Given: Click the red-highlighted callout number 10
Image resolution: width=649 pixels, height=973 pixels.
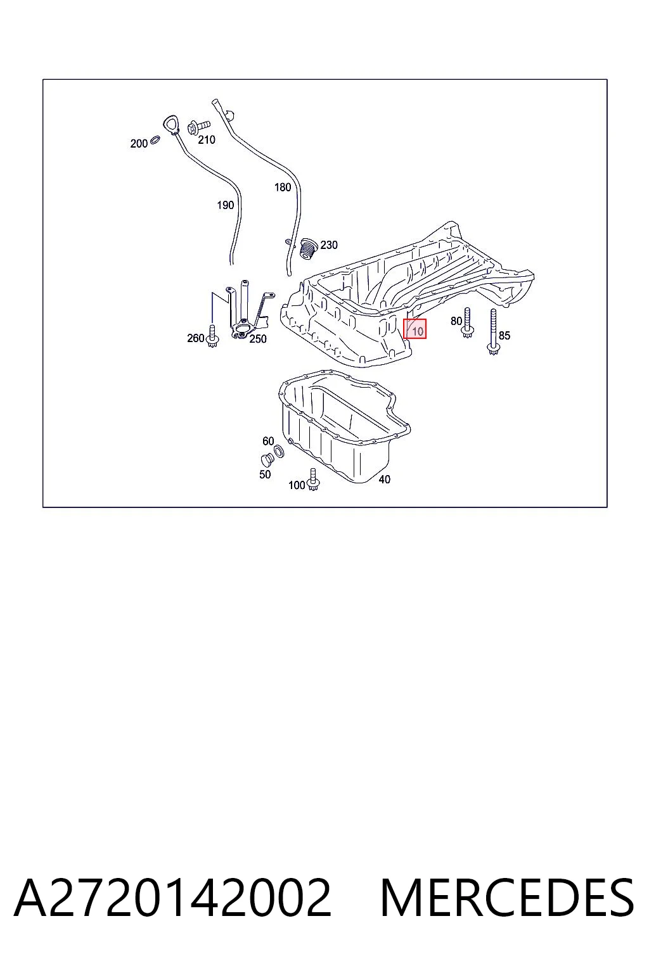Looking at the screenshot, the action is pyautogui.click(x=417, y=331).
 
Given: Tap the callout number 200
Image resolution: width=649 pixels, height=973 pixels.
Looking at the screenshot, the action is pyautogui.click(x=139, y=143).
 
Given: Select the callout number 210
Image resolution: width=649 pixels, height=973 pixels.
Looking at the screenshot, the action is pyautogui.click(x=207, y=140).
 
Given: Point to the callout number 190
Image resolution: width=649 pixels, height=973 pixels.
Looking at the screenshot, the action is pyautogui.click(x=225, y=205).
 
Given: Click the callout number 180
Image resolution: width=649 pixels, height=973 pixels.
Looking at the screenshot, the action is pyautogui.click(x=283, y=188).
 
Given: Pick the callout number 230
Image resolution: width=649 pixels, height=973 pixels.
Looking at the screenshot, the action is pyautogui.click(x=329, y=245).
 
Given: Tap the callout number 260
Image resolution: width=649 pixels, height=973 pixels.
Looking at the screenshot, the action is pyautogui.click(x=196, y=338).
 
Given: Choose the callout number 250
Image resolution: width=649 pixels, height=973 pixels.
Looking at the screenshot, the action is pyautogui.click(x=258, y=339).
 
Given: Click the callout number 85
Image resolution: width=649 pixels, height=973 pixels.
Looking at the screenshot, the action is pyautogui.click(x=504, y=335).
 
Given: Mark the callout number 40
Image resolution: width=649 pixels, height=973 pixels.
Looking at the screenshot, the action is pyautogui.click(x=384, y=480).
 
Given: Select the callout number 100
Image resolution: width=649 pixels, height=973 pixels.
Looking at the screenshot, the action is pyautogui.click(x=297, y=485).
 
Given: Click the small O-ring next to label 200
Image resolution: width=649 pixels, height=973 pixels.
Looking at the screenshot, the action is pyautogui.click(x=155, y=139).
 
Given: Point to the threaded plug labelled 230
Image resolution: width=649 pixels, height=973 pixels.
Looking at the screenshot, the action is pyautogui.click(x=308, y=248).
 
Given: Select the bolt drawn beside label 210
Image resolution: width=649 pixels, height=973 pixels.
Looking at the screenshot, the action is pyautogui.click(x=198, y=127).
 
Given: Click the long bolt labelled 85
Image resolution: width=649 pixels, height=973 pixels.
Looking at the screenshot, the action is pyautogui.click(x=493, y=333).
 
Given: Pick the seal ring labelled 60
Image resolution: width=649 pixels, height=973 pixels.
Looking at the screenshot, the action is pyautogui.click(x=280, y=452).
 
